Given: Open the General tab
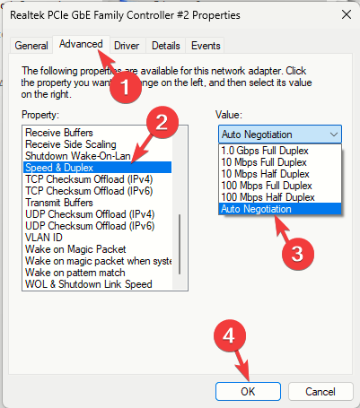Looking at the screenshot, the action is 31,46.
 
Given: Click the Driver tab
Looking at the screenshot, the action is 127,46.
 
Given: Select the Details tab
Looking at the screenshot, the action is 166,46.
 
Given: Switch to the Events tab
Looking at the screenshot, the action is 206,46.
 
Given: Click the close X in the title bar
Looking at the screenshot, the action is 347,14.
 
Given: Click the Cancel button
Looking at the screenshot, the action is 320,392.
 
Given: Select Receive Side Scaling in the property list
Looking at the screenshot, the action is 71,144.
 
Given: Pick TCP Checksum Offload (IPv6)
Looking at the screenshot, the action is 89,191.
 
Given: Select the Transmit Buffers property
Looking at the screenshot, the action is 59,203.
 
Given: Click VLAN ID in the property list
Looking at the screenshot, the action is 44,238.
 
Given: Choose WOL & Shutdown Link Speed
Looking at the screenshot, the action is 89,284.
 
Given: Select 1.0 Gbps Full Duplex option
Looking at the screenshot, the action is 265,151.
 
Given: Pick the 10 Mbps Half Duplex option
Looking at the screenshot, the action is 266,174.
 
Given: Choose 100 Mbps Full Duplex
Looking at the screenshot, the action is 267,186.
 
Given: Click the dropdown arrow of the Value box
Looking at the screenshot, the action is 334,135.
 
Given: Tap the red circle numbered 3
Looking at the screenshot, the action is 298,254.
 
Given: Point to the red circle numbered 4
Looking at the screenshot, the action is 230,335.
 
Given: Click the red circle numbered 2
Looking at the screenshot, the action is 162,122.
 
